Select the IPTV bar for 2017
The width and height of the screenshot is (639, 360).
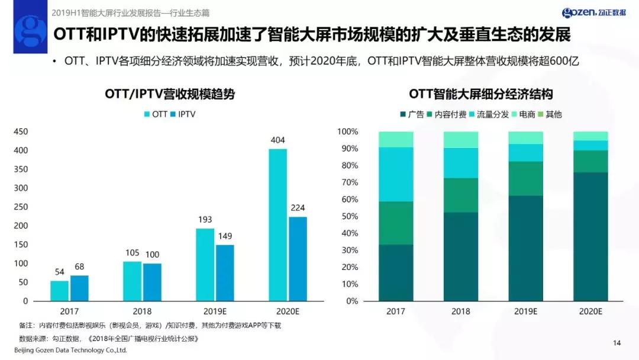coord(79,288)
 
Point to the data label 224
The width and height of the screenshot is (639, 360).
coord(298,207)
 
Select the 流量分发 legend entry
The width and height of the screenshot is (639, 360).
coord(488,114)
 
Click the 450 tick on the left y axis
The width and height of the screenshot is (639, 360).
coord(21,131)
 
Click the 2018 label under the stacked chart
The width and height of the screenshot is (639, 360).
coord(461,311)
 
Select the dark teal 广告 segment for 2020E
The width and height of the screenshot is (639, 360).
coord(590,237)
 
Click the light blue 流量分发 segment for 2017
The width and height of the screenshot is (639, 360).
coord(396,174)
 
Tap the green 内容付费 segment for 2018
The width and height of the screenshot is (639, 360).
coord(461,195)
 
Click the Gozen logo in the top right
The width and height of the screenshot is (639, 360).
coord(596,13)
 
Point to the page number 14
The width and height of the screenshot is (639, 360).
coord(617,343)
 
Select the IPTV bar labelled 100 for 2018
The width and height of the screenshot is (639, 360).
coord(151,282)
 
